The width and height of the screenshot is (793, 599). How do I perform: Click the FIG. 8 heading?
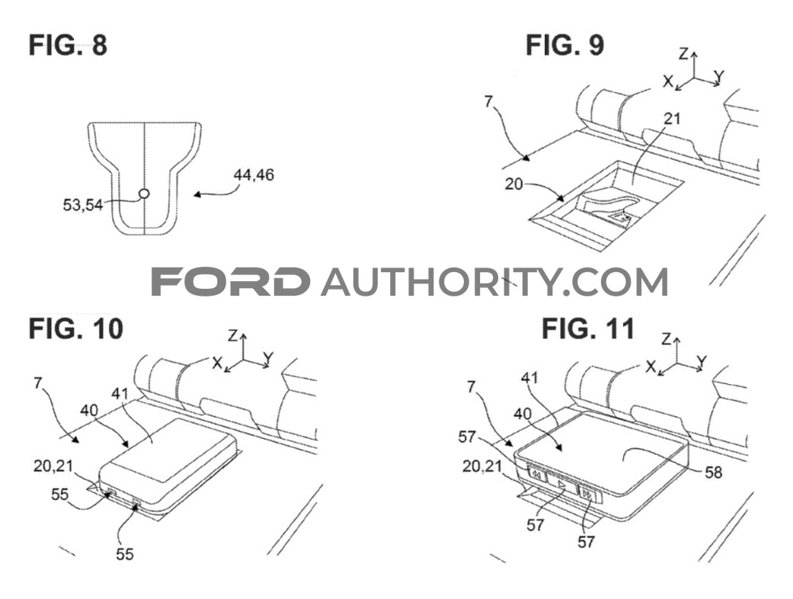[68, 45]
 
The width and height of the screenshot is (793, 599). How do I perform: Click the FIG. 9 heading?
[564, 45]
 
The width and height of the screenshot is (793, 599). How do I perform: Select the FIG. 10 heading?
[75, 329]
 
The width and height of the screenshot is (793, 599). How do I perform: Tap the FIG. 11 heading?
[587, 329]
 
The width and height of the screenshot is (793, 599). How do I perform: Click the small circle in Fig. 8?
[145, 194]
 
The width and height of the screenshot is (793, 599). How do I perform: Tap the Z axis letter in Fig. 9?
[683, 53]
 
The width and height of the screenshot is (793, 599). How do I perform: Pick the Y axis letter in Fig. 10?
[268, 357]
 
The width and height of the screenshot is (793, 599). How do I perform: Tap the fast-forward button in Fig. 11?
[588, 495]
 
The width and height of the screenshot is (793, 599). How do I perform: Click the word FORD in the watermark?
[231, 282]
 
